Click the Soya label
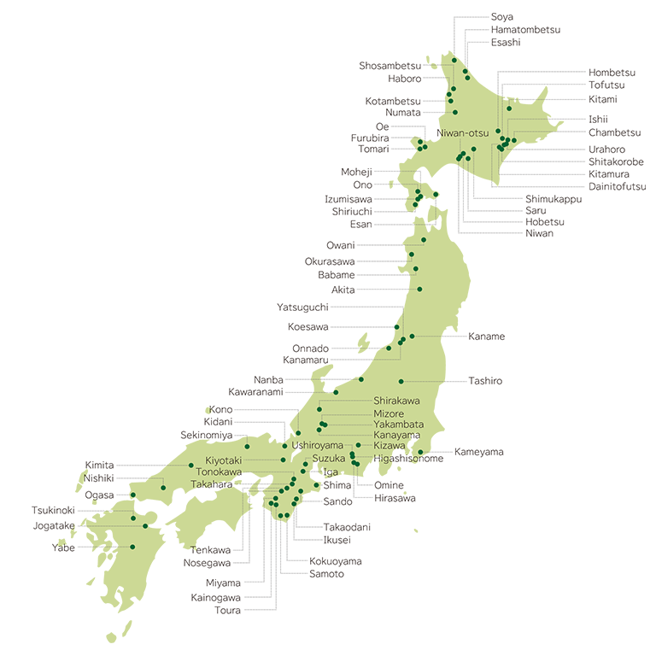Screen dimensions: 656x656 [502, 16]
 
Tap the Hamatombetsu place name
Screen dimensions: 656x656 [525, 29]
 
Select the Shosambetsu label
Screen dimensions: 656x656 [390, 66]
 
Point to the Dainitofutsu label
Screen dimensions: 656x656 [617, 186]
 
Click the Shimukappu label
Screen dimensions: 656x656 [553, 198]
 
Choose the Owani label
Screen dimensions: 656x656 [341, 245]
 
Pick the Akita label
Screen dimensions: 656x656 [343, 290]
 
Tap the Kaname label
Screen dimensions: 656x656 [486, 337]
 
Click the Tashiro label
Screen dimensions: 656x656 [485, 380]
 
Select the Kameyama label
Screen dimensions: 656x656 [479, 451]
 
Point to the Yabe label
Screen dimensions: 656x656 [63, 548]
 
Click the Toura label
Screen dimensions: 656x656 [228, 610]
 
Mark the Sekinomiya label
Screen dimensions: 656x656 [206, 435]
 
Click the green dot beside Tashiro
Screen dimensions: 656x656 [401, 381]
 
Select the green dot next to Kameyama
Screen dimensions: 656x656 [420, 452]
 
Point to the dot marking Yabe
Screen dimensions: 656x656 [133, 547]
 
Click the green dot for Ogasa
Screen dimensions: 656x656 [132, 495]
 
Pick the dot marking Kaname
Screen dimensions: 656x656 [412, 337]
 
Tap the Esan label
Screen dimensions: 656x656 [361, 224]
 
